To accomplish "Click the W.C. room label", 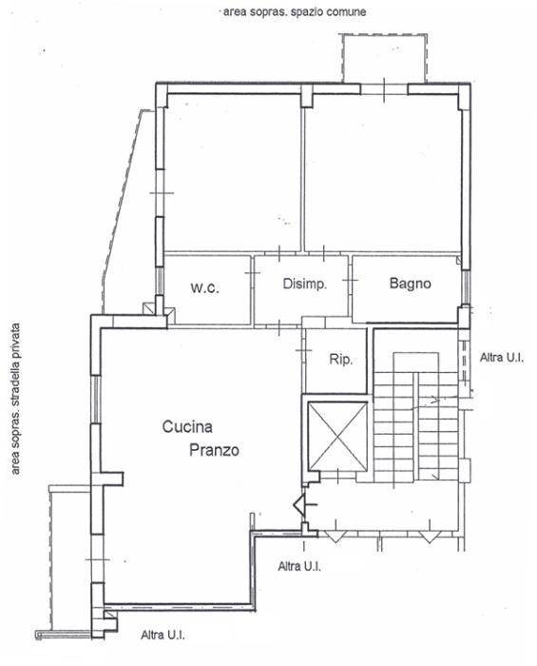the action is click(x=204, y=288).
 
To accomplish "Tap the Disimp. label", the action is click(x=304, y=284).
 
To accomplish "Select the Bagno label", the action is click(x=411, y=284).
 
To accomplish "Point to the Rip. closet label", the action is click(x=340, y=360).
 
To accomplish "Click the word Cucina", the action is click(x=187, y=426).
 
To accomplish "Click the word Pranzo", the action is click(x=214, y=450).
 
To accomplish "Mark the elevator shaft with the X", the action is click(x=337, y=436).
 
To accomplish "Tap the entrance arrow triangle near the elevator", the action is click(x=299, y=505).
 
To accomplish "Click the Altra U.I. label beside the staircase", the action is click(x=502, y=358).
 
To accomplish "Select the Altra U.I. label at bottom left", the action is click(x=163, y=635).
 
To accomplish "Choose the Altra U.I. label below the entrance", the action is click(x=299, y=566).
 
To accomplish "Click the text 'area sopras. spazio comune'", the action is click(x=295, y=11).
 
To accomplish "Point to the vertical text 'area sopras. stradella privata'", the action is click(x=16, y=399).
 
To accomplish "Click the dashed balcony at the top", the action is click(x=384, y=58).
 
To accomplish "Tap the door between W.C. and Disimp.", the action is click(x=253, y=272).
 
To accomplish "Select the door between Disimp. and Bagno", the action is click(x=351, y=280).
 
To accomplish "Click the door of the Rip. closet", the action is click(x=303, y=350).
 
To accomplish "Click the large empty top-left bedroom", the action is click(x=233, y=172).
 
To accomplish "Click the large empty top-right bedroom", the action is click(x=382, y=172).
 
